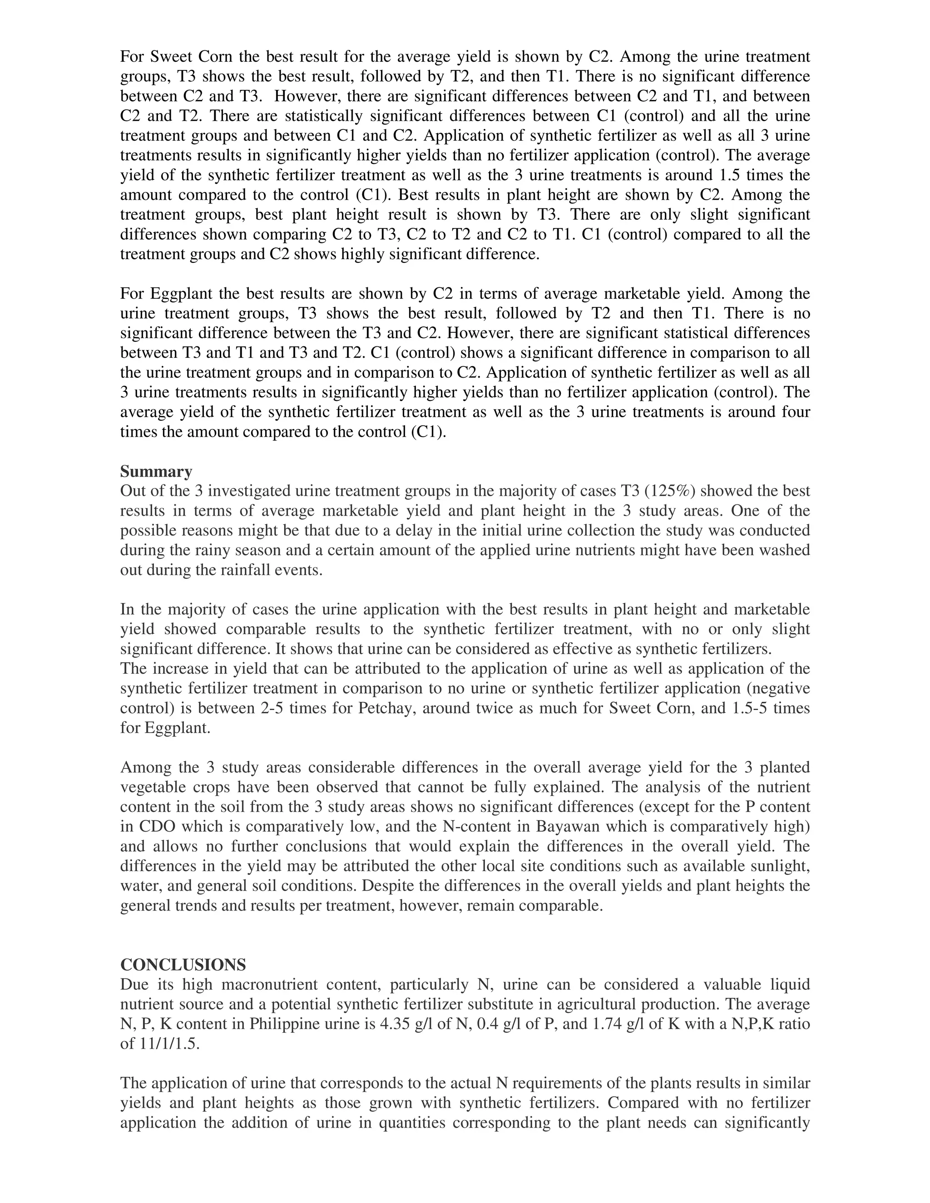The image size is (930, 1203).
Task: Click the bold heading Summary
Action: (x=156, y=472)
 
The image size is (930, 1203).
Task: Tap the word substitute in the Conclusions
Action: (x=524, y=1004)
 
